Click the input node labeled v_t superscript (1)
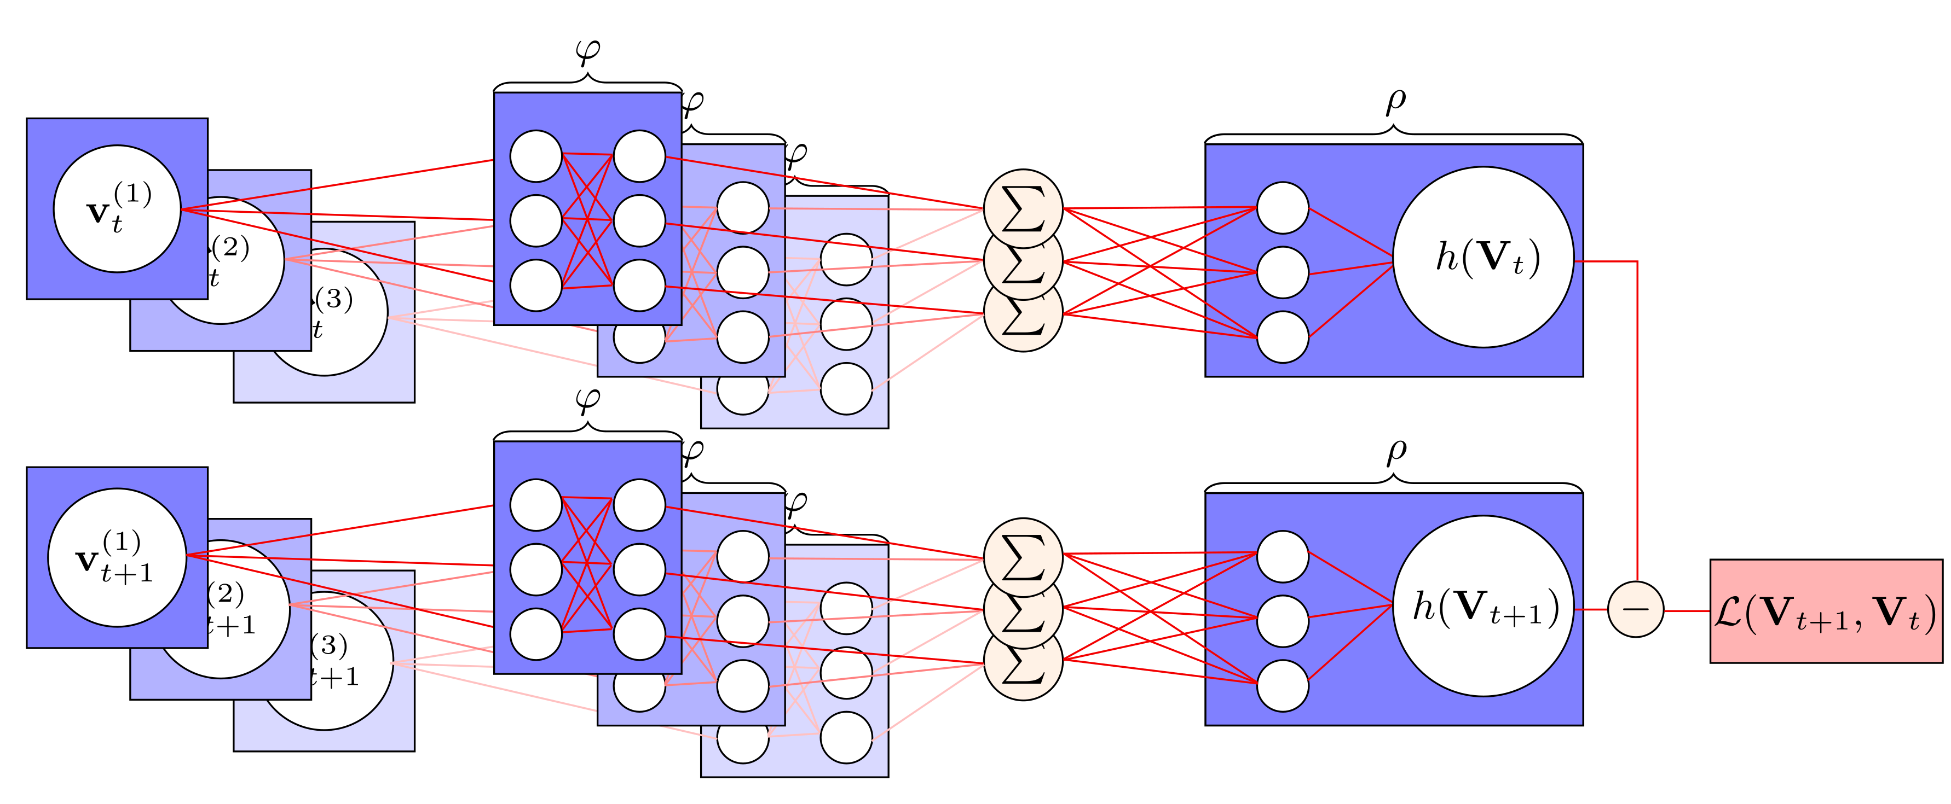117,209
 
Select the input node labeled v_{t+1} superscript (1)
117,557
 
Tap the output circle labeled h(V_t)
1483,258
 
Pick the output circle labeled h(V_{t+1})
1483,605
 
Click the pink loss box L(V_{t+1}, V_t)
1825,611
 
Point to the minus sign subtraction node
1635,609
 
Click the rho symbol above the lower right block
1395,452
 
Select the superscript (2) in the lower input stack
226,593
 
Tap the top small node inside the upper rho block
1282,207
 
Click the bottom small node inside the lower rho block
1282,685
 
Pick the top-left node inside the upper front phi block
535,156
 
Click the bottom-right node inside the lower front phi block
639,634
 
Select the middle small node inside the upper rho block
1282,272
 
